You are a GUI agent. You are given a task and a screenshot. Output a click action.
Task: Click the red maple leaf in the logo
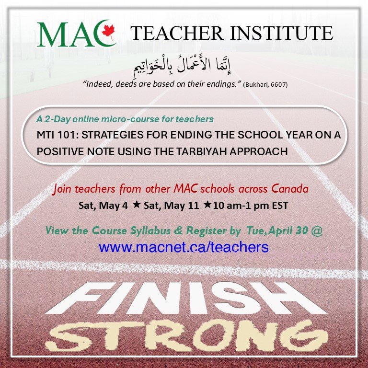[x=108, y=32]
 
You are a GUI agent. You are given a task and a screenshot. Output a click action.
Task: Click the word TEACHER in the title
[x=177, y=33]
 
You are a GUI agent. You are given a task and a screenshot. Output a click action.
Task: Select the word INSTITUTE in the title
[x=282, y=33]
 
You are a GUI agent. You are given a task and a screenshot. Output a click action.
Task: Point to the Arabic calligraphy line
[x=182, y=65]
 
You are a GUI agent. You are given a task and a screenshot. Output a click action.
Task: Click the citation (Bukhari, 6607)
[x=265, y=84]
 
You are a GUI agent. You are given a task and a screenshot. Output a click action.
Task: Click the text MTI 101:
[x=57, y=135]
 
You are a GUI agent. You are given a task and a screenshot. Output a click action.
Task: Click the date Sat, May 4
[x=103, y=206]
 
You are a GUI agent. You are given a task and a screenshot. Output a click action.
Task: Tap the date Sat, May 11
[x=172, y=206]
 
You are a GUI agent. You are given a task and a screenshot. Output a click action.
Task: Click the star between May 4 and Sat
[x=137, y=205]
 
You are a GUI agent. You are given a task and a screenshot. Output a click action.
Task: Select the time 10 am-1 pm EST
[x=251, y=206]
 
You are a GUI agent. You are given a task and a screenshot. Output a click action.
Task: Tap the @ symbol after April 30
[x=317, y=231]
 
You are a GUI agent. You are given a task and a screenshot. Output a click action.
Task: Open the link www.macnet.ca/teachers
[x=184, y=247]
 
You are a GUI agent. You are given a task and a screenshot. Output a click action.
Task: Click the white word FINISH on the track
[x=186, y=298]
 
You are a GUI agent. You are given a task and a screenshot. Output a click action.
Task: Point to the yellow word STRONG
[x=186, y=336]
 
